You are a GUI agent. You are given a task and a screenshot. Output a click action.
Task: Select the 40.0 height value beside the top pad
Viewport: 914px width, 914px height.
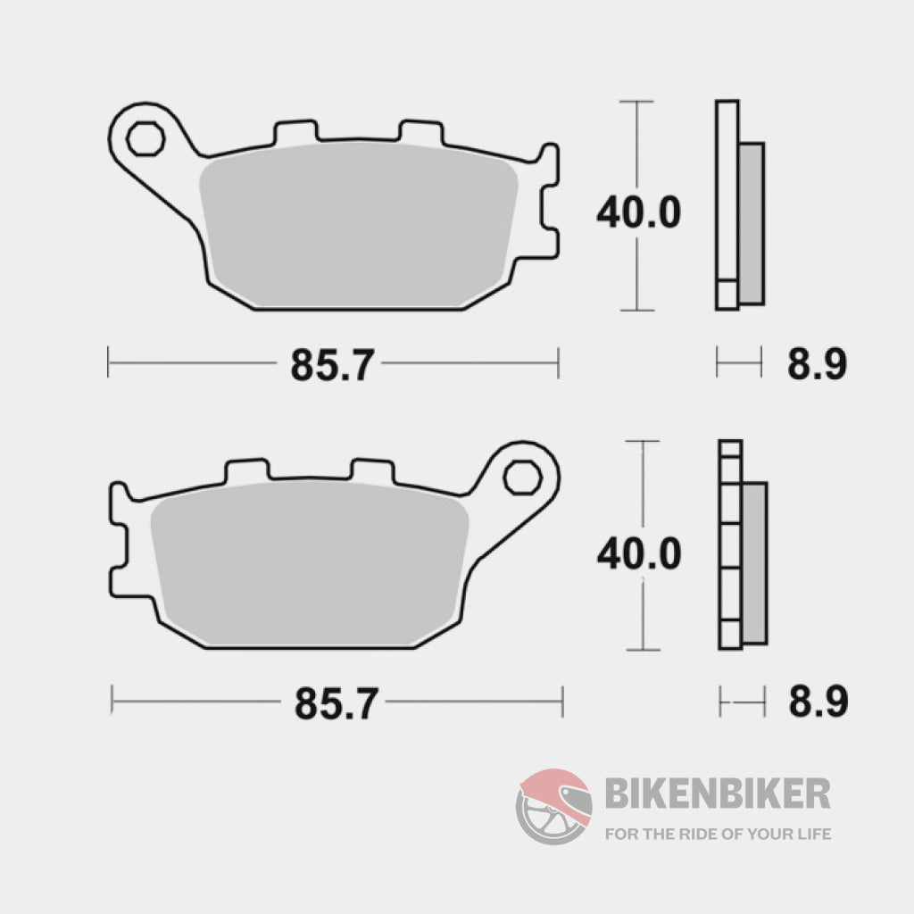pos(638,212)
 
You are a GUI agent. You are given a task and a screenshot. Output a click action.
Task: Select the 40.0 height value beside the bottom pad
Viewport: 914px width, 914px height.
pos(639,553)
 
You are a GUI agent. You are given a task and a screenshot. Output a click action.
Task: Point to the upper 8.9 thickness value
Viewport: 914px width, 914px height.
pos(816,364)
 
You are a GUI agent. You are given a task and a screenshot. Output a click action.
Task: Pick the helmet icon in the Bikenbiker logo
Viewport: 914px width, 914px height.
pos(554,806)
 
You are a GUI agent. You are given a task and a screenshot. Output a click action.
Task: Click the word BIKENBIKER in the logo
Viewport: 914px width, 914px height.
pos(718,793)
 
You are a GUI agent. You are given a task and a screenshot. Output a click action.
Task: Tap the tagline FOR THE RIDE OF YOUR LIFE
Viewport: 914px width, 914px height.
pos(718,835)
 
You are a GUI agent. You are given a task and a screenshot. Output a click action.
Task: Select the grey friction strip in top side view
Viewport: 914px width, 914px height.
pos(752,223)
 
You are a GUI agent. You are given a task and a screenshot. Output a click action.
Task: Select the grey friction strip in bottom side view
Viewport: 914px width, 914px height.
pos(754,562)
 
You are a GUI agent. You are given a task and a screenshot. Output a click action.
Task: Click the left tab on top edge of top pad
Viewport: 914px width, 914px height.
pos(295,133)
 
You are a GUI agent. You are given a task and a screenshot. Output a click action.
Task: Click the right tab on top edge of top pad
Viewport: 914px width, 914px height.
pos(420,133)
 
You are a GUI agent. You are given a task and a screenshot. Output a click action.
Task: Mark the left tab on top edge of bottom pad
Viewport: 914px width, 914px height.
pos(246,470)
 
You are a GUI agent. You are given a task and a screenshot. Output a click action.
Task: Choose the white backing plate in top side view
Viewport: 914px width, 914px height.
pos(727,196)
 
